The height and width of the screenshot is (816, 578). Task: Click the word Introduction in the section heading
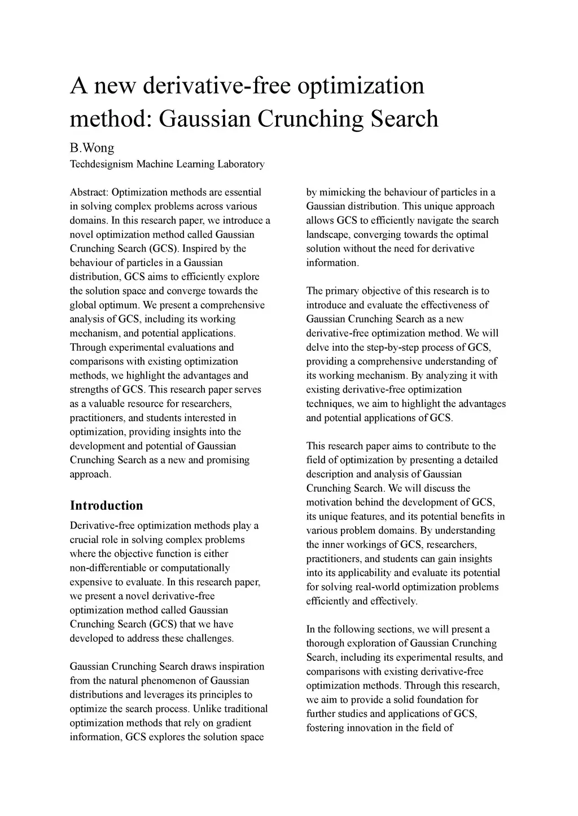tap(106, 505)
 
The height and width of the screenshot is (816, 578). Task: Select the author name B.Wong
tap(92, 148)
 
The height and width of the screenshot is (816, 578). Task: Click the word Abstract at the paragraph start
tap(89, 192)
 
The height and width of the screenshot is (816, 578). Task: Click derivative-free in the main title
tap(217, 86)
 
